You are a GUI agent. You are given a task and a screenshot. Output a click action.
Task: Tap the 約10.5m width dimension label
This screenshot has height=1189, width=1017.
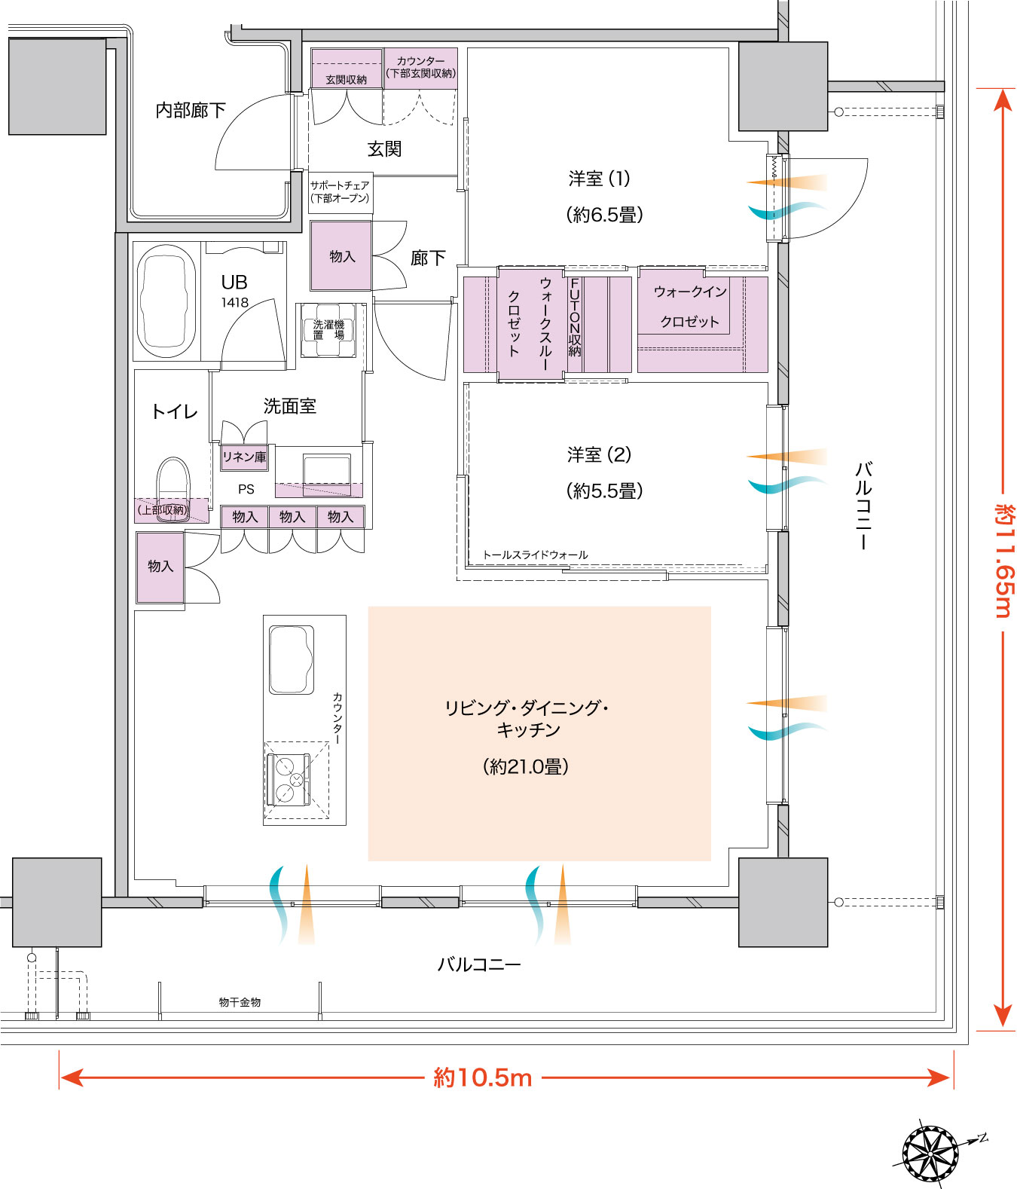(483, 1078)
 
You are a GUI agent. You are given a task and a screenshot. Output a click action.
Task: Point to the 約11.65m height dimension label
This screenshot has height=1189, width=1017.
(1004, 561)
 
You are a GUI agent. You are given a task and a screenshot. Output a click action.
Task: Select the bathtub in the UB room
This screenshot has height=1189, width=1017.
(166, 301)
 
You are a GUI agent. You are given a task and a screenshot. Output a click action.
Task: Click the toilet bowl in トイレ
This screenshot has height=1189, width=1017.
(173, 490)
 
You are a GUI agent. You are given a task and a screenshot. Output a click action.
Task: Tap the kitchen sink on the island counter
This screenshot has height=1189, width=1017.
(292, 660)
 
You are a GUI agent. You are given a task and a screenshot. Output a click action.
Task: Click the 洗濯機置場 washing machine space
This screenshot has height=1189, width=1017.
(328, 330)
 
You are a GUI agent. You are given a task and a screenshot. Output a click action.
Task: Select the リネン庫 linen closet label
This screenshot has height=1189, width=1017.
(245, 457)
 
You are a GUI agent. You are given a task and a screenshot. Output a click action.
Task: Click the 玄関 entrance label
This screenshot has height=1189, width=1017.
(384, 149)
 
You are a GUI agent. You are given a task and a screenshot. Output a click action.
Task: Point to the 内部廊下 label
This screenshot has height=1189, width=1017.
(191, 110)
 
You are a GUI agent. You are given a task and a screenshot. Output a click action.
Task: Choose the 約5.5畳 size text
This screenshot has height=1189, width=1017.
(605, 491)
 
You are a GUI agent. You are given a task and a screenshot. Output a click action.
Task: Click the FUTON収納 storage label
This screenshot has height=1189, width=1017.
(575, 317)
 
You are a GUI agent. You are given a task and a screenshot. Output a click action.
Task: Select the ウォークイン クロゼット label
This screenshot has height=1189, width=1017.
(690, 306)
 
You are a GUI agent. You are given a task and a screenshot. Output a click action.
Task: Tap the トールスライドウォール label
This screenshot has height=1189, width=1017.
(535, 555)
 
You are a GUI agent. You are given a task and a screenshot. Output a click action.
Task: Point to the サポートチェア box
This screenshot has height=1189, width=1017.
(341, 193)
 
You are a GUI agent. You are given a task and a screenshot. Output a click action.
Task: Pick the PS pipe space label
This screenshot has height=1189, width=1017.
(246, 489)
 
